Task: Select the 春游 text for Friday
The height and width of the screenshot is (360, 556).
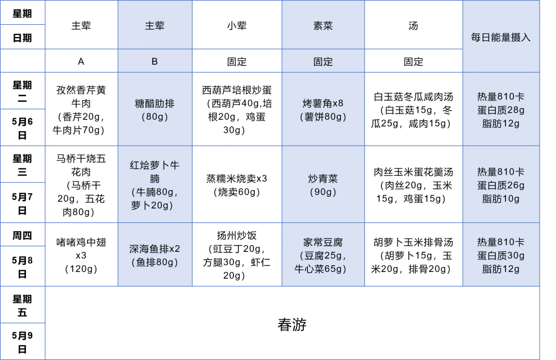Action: pos(292,324)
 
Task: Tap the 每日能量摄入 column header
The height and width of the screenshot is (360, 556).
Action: pos(501,37)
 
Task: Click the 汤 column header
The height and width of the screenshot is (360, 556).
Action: pos(413,26)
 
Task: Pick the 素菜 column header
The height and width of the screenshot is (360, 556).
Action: pos(323,26)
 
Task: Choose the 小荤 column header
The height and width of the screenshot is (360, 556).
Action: pos(237,26)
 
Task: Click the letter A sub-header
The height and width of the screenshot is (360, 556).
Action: pos(81,61)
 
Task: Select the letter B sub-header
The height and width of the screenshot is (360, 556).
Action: pos(154,61)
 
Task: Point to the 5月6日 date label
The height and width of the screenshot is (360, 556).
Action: pos(22,128)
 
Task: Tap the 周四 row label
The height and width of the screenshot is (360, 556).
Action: pos(22,235)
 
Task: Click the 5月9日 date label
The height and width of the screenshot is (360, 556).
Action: pos(22,342)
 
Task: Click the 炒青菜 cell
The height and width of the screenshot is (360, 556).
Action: pos(323,185)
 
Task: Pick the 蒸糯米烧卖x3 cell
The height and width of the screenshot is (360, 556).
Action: pos(237,185)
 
